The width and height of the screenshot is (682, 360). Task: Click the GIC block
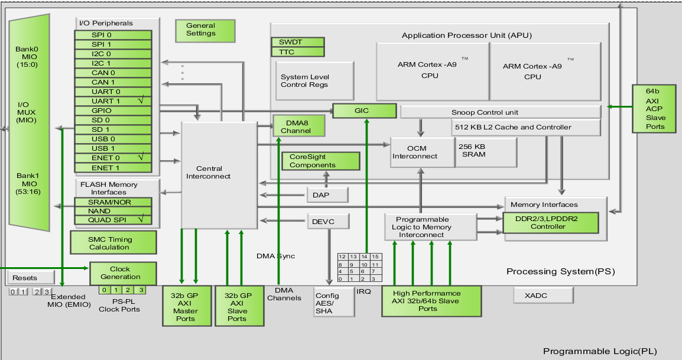click(x=364, y=111)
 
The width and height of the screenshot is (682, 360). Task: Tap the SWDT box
click(x=297, y=43)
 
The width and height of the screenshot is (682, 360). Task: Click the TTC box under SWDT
click(x=297, y=52)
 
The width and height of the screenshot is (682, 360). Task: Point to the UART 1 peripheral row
click(x=112, y=101)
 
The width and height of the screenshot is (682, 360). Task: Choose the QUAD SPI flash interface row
click(x=112, y=220)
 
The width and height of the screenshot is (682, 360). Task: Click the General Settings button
click(x=201, y=30)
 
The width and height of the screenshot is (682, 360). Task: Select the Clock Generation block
click(x=122, y=273)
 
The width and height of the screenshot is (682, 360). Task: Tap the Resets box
click(x=25, y=277)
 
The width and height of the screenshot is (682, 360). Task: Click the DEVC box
click(x=328, y=222)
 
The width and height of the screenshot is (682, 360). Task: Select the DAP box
click(x=327, y=194)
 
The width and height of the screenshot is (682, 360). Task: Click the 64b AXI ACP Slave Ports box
click(x=655, y=109)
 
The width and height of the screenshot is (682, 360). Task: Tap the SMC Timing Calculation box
click(x=112, y=243)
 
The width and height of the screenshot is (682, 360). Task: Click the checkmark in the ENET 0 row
click(x=141, y=157)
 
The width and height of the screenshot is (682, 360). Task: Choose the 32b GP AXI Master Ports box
click(x=186, y=306)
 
